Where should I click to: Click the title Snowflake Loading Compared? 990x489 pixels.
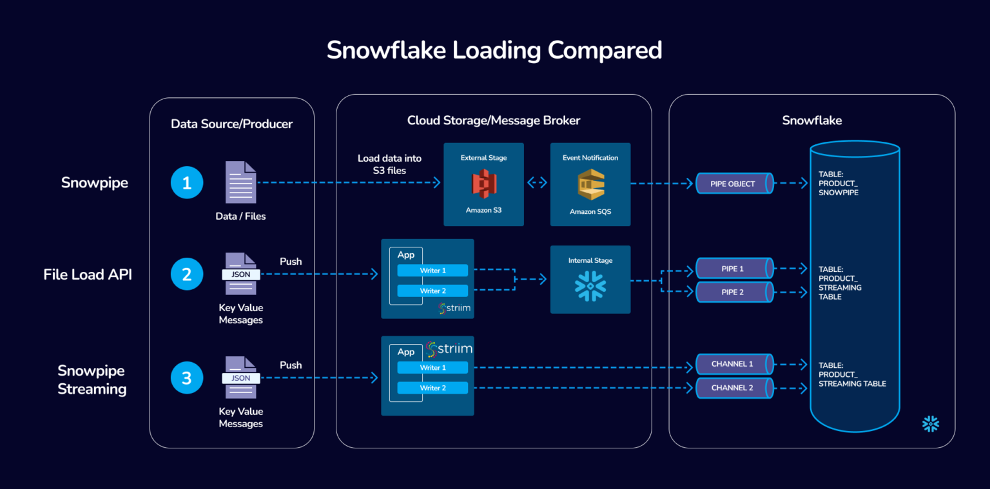click(494, 50)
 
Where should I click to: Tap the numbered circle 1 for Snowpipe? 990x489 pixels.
click(187, 183)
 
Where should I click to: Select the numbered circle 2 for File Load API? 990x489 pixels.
click(187, 274)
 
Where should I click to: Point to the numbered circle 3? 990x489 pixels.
click(187, 378)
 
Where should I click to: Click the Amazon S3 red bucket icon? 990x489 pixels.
click(483, 184)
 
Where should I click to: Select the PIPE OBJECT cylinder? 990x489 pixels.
click(734, 184)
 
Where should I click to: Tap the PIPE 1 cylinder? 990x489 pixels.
click(734, 268)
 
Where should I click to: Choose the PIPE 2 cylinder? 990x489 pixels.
click(734, 292)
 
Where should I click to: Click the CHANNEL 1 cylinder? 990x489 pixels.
click(734, 364)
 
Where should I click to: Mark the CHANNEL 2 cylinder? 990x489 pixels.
click(734, 388)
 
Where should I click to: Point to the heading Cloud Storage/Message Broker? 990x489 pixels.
click(494, 120)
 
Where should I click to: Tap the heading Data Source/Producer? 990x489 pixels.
click(231, 124)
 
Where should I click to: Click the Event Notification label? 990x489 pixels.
click(590, 158)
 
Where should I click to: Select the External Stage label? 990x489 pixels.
click(483, 158)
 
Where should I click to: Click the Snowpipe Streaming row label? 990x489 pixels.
click(92, 379)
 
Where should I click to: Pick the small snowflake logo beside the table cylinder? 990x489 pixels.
click(930, 424)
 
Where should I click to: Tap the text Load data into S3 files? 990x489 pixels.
click(389, 164)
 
